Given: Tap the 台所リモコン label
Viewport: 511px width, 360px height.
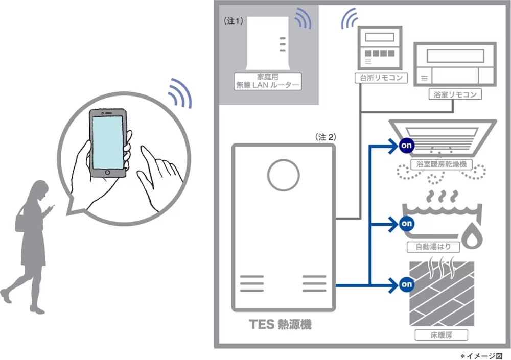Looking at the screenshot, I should pyautogui.click(x=381, y=78).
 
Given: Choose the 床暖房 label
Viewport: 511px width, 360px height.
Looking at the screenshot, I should pyautogui.click(x=441, y=335).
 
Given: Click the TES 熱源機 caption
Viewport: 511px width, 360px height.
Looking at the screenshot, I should pyautogui.click(x=281, y=323).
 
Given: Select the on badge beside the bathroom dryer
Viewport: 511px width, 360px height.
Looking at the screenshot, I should pyautogui.click(x=406, y=146).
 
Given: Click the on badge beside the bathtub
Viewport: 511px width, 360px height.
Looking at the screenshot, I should pyautogui.click(x=406, y=223).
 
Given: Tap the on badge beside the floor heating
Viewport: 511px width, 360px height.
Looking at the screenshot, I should pyautogui.click(x=406, y=283).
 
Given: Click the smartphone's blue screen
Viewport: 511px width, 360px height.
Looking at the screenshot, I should pyautogui.click(x=108, y=142).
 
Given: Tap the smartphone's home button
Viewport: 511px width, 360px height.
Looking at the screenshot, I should pyautogui.click(x=107, y=173).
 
